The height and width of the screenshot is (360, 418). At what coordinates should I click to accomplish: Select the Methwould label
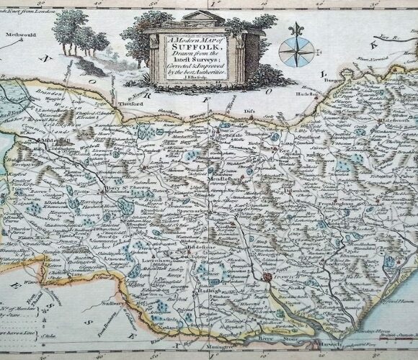pos(19,34)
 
